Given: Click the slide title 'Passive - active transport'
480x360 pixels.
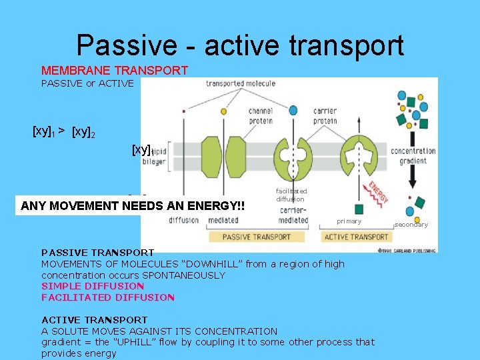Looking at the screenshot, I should [x=240, y=45].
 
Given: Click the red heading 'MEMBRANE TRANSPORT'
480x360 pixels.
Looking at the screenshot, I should [x=115, y=71].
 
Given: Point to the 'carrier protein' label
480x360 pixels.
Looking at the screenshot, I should [x=325, y=117].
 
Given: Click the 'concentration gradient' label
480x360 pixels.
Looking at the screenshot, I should [x=413, y=155].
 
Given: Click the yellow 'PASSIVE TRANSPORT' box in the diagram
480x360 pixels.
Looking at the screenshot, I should [x=257, y=237].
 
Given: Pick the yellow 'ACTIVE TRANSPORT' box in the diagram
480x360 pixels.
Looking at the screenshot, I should [x=357, y=237].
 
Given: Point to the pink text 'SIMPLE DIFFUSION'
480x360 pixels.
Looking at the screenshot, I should [x=93, y=286].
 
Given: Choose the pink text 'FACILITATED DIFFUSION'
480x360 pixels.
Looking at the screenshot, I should [x=108, y=297].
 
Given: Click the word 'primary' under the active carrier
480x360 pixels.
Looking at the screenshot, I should [x=349, y=221].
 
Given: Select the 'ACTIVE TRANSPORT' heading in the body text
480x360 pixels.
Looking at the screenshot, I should [x=94, y=320].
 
